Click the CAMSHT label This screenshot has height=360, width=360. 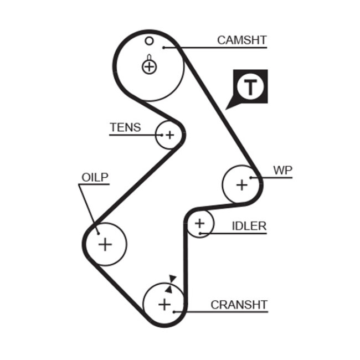(x=241, y=40)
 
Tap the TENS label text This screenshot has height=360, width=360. (x=125, y=127)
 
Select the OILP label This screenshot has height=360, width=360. (x=95, y=177)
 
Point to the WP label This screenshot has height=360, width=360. (x=282, y=171)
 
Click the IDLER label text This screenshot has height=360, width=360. (x=249, y=226)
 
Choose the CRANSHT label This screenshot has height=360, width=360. (x=239, y=305)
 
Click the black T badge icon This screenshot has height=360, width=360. (x=251, y=87)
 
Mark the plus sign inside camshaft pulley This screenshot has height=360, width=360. (x=149, y=67)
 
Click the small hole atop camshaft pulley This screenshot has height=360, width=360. (x=148, y=40)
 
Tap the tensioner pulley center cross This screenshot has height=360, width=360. (x=168, y=134)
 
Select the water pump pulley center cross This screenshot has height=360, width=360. (x=241, y=184)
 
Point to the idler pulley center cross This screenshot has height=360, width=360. (x=199, y=224)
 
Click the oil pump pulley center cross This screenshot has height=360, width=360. (x=105, y=243)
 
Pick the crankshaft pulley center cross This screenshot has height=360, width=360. (x=164, y=304)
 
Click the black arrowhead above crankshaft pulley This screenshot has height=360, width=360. (x=172, y=279)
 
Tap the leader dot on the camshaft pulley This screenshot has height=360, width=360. (x=164, y=48)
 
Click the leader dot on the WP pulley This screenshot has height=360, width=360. (x=251, y=178)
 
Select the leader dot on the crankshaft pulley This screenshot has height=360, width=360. (x=175, y=312)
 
